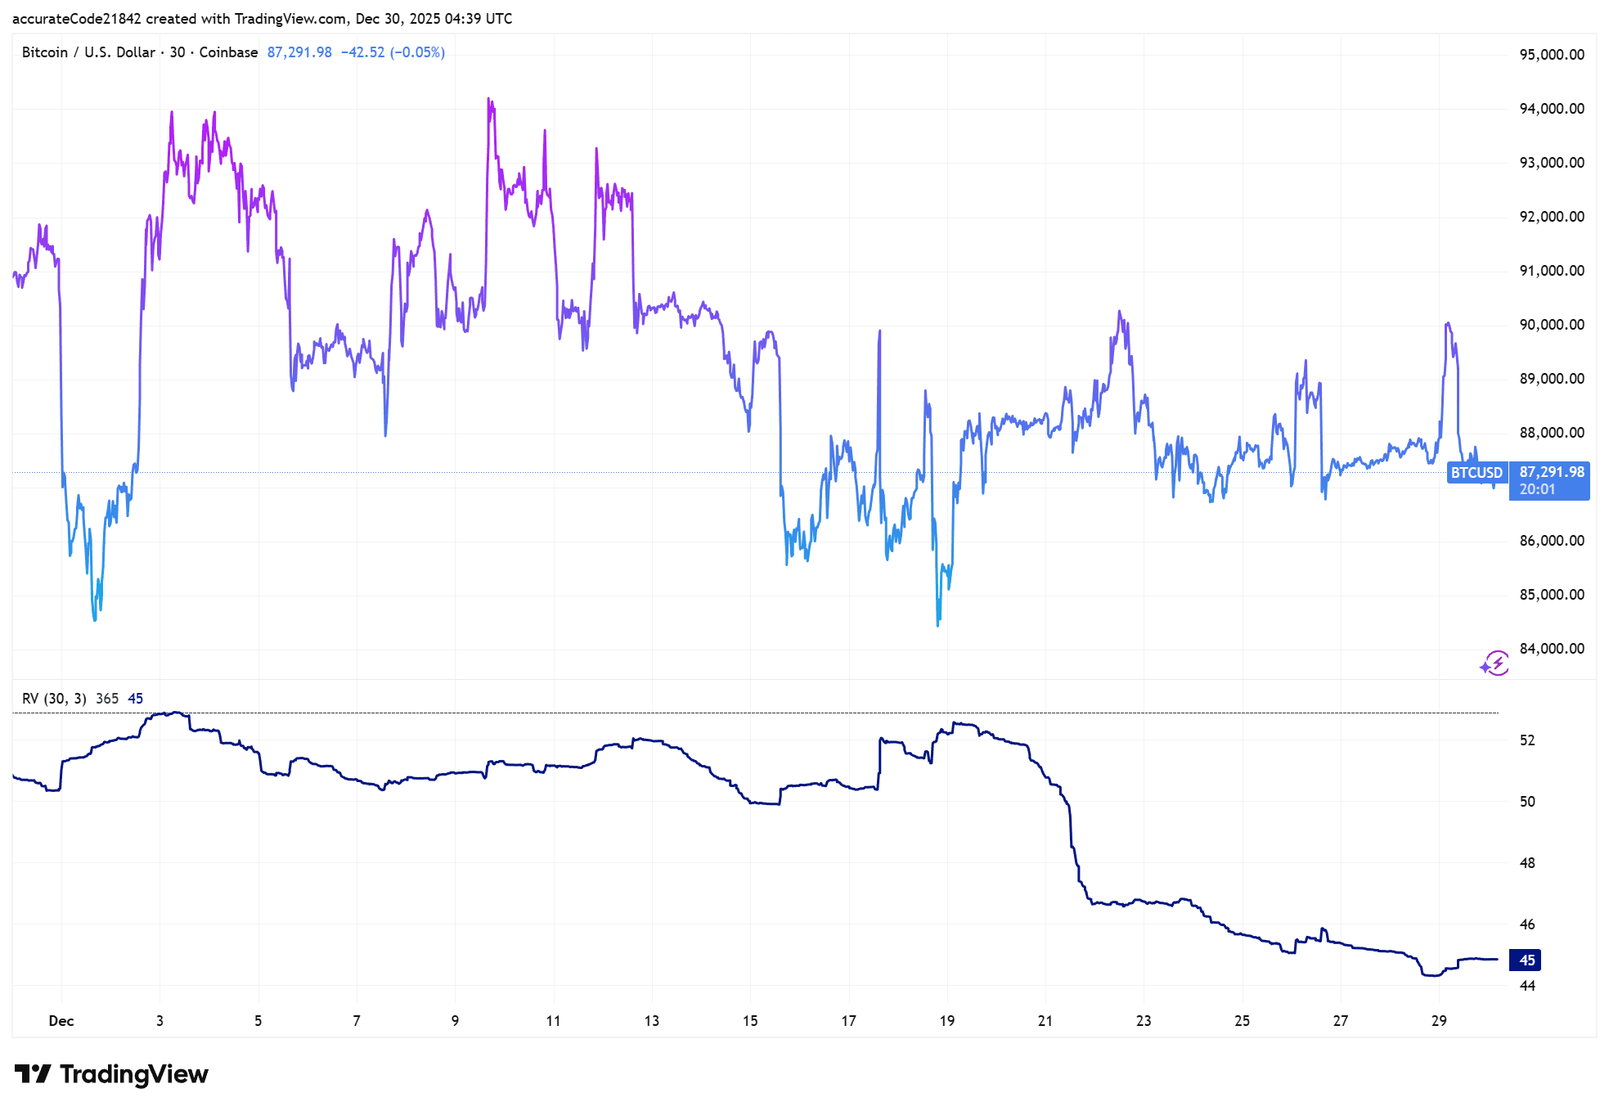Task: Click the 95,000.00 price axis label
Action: coord(1551,55)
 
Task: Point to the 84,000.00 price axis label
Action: coord(1551,649)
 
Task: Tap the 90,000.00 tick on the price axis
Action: coord(1551,325)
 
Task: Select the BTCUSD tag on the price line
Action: coord(1476,473)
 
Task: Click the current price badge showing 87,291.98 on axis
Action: coord(1550,473)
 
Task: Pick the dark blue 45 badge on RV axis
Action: coord(1526,960)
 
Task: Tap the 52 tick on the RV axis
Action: coord(1526,740)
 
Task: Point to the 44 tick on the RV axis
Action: coord(1526,986)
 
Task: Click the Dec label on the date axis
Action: coord(61,1021)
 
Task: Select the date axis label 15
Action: coord(750,1021)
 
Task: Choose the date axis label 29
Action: coord(1439,1021)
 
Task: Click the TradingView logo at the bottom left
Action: coord(111,1074)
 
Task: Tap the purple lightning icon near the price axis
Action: coord(1495,663)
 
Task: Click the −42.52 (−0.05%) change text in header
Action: coord(393,52)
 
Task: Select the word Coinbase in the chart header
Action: coord(228,52)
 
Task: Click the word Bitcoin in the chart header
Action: coord(45,52)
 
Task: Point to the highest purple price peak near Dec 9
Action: coord(488,99)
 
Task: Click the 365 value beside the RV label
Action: coord(107,699)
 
